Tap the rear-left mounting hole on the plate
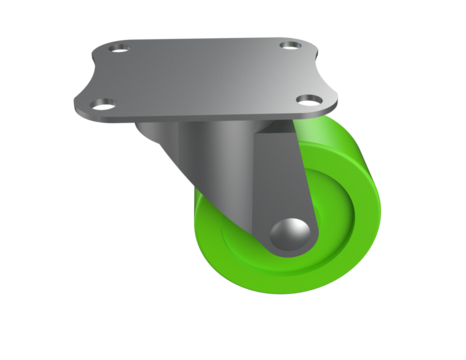120,48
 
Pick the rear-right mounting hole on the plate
289,45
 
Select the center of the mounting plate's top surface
204,74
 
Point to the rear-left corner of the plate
103,44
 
